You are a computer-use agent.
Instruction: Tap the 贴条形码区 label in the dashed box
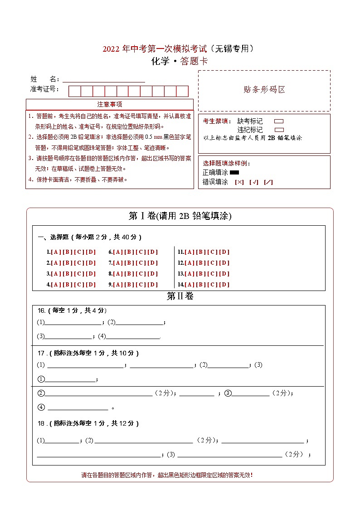click(264, 90)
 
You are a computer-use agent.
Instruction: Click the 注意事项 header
click(110, 104)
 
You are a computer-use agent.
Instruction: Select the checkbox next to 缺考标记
click(279, 121)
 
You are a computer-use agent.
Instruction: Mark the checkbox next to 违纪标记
click(279, 130)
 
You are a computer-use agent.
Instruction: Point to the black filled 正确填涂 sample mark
click(234, 172)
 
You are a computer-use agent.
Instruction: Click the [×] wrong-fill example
click(239, 182)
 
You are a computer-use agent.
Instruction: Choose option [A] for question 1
click(55, 252)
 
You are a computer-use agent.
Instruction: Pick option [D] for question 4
click(91, 285)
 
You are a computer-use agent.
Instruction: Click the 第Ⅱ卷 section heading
click(180, 296)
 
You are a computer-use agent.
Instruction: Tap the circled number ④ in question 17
click(41, 407)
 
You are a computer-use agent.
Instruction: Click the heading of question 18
click(88, 423)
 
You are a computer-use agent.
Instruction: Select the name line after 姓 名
click(104, 81)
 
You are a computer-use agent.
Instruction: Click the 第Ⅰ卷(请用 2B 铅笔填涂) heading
click(180, 216)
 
